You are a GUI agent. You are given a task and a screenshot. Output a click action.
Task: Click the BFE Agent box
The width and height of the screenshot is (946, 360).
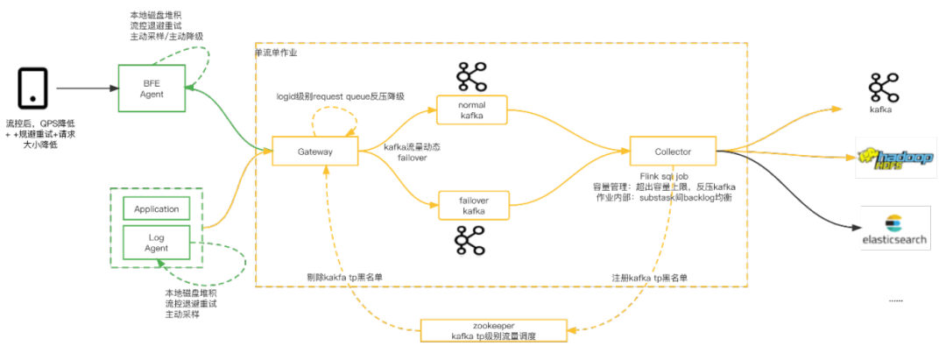point(152,88)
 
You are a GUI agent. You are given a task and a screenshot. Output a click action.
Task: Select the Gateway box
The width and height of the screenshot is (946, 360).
point(314,152)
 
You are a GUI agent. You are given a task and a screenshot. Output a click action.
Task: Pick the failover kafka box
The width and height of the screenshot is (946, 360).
point(473,206)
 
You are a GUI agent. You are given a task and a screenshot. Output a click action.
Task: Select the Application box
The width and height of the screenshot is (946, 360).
point(156,209)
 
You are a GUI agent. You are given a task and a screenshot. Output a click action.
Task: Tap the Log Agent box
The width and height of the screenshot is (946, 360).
point(156,243)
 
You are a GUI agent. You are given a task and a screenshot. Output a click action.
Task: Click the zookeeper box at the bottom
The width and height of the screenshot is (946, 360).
point(493,330)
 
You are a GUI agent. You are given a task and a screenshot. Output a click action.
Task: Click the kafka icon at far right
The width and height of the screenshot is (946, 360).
point(881,88)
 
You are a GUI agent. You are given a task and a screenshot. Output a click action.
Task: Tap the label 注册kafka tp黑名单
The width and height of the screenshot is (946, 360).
point(647,278)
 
